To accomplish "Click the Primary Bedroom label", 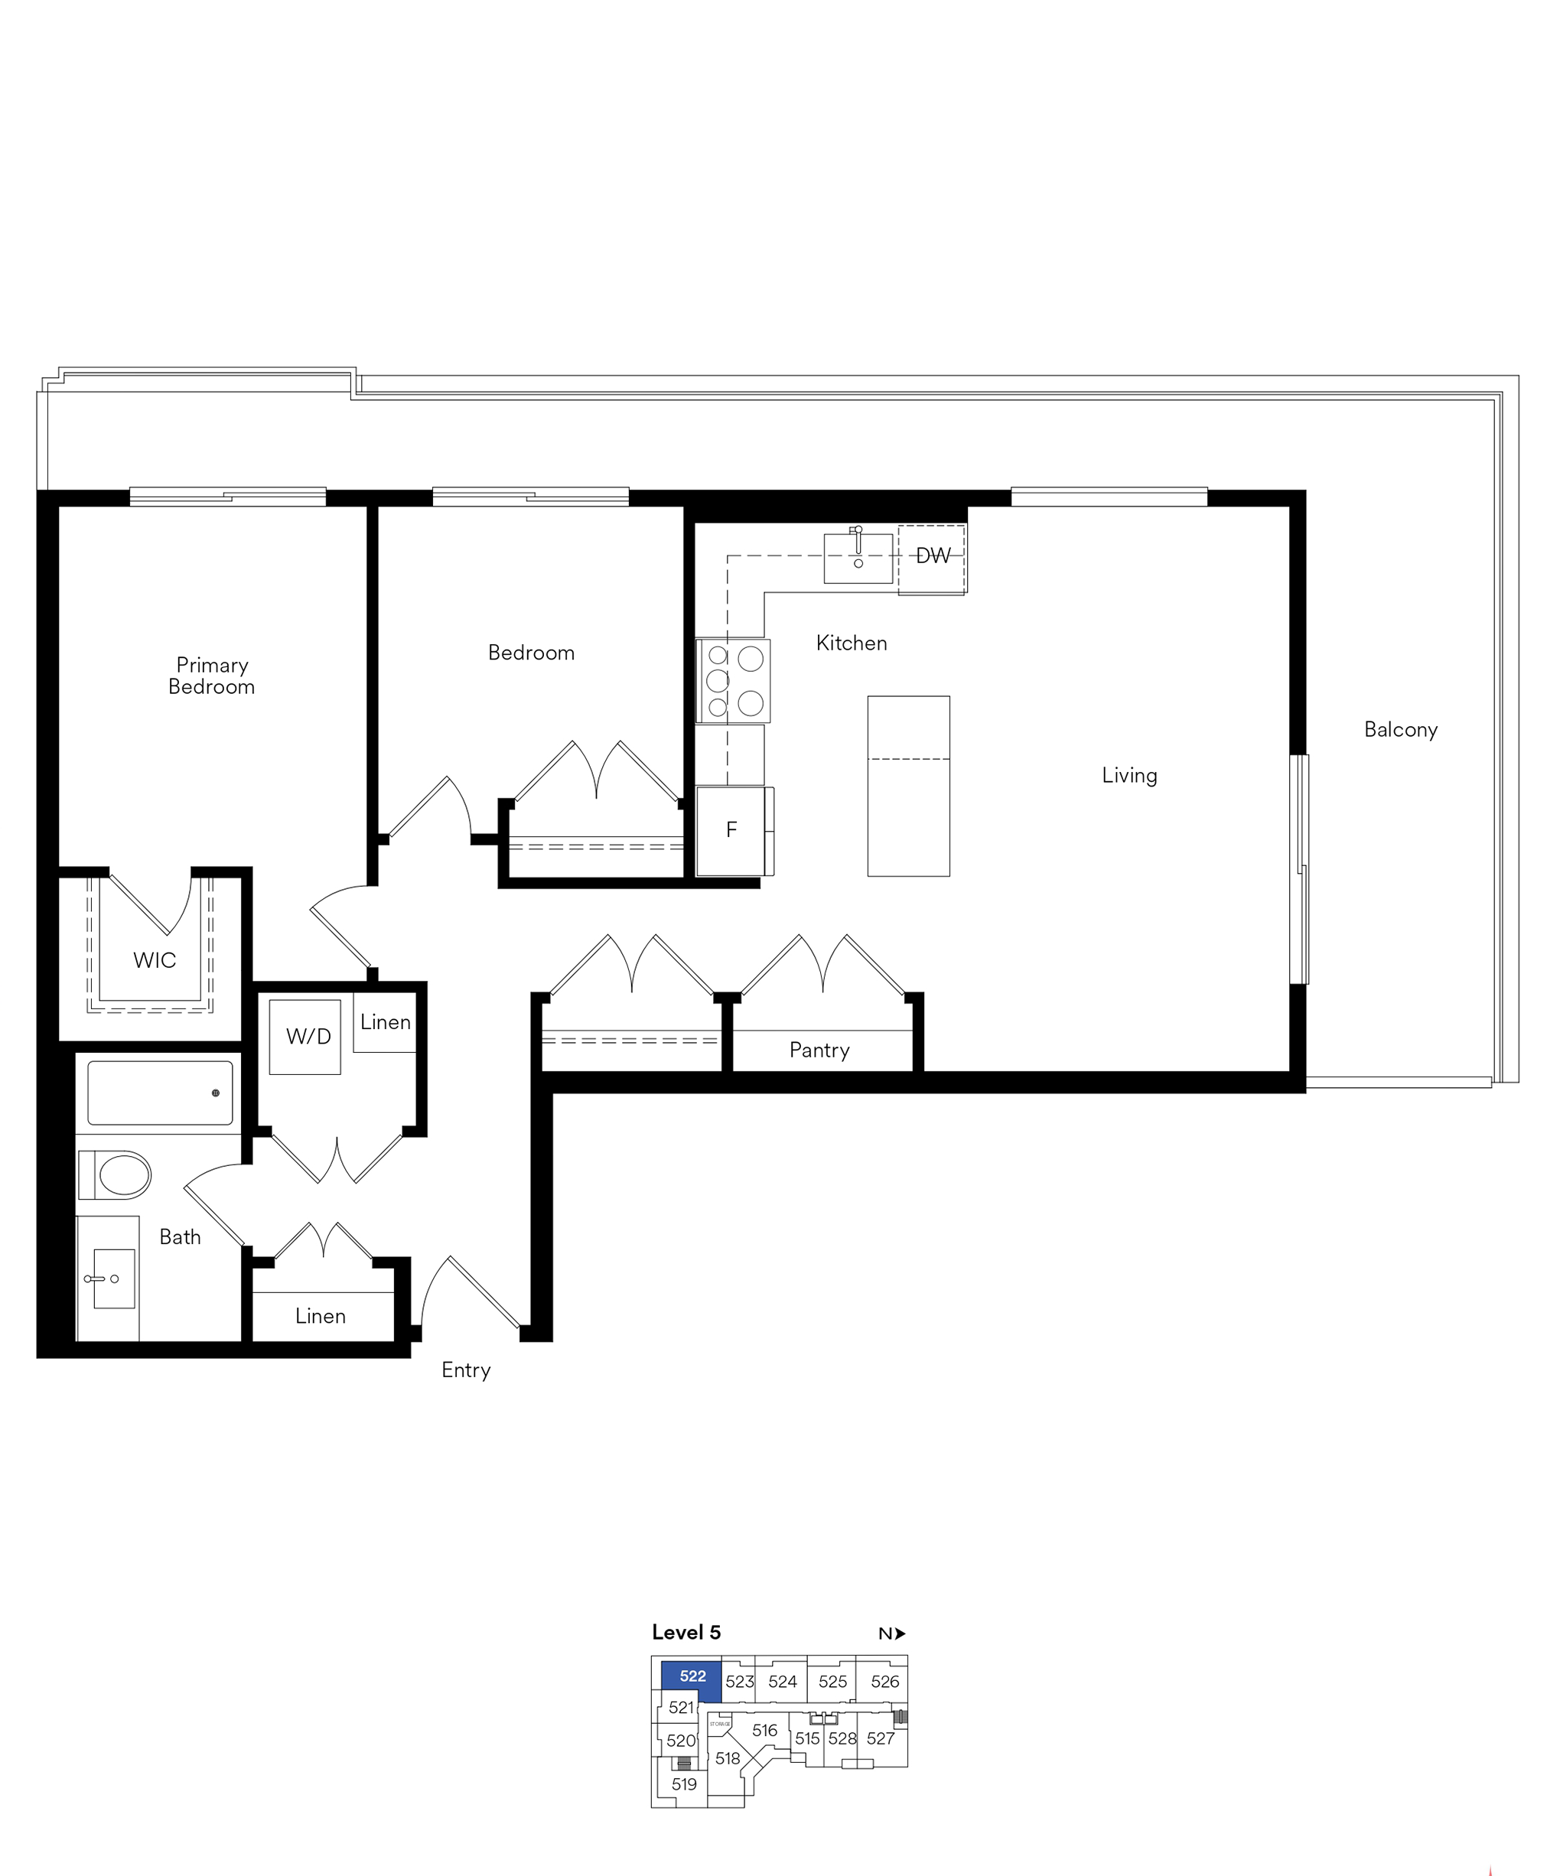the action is tap(212, 676).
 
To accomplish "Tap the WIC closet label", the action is tap(155, 960).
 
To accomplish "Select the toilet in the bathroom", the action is tap(116, 1174).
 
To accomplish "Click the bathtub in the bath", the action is tap(161, 1093).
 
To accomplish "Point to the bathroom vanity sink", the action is tap(114, 1278).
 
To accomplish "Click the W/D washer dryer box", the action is tap(306, 1037).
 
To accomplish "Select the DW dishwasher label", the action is tap(933, 555).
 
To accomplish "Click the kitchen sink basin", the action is tap(858, 558).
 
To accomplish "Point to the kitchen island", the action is tap(909, 786).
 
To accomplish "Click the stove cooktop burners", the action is tap(734, 681).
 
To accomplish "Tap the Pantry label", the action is tap(820, 1050).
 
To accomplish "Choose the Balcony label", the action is tap(1401, 730).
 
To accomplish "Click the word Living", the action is tap(1130, 775).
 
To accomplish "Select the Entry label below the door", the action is tap(466, 1370).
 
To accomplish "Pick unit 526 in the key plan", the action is tap(885, 1682).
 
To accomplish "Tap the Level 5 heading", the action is tap(686, 1633).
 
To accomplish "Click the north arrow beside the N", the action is tap(901, 1633).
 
